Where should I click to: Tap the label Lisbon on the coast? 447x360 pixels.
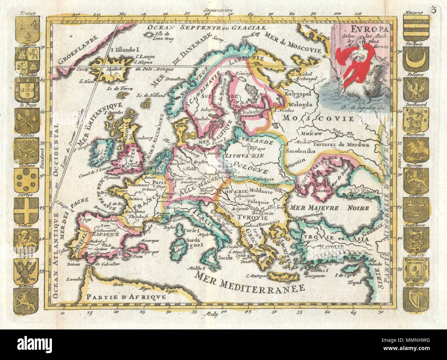(x=64, y=250)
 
